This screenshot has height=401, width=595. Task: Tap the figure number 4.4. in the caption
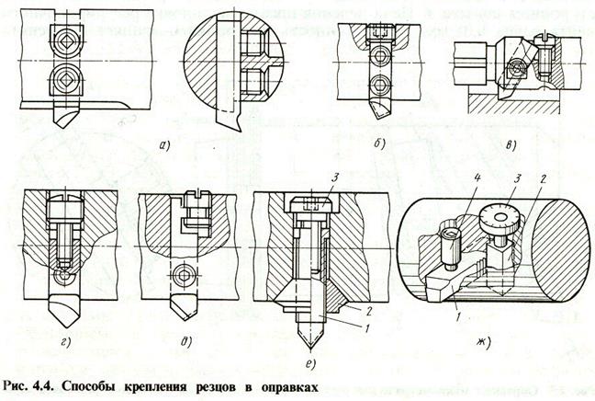pyautogui.click(x=40, y=385)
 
